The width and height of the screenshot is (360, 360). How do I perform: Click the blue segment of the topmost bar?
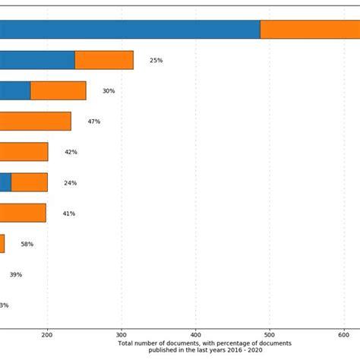(x=129, y=30)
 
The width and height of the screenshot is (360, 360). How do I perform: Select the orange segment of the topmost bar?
(x=310, y=30)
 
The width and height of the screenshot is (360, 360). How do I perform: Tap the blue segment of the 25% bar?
(x=37, y=60)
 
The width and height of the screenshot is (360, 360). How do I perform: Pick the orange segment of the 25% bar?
(x=104, y=60)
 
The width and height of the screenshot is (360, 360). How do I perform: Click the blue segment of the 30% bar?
(x=15, y=90)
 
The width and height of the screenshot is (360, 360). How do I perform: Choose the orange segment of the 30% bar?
(x=58, y=90)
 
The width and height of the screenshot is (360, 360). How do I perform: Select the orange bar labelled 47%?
(x=35, y=122)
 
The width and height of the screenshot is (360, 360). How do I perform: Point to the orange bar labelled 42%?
(x=24, y=152)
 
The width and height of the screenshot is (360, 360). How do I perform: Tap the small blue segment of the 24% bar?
(x=5, y=182)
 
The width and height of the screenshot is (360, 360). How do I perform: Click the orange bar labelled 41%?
(x=23, y=213)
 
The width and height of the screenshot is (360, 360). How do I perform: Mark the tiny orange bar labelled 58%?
(x=2, y=244)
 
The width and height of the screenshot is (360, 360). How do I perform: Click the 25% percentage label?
(x=156, y=60)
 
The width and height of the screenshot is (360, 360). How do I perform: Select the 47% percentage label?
(x=93, y=122)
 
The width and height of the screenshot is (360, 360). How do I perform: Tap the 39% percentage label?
(x=15, y=275)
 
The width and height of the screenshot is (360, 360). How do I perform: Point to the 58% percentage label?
(x=27, y=245)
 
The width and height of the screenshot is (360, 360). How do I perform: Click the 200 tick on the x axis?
(x=47, y=335)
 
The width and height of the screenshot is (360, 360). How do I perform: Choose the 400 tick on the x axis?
(x=196, y=335)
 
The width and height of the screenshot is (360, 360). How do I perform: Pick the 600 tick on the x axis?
(x=344, y=335)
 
